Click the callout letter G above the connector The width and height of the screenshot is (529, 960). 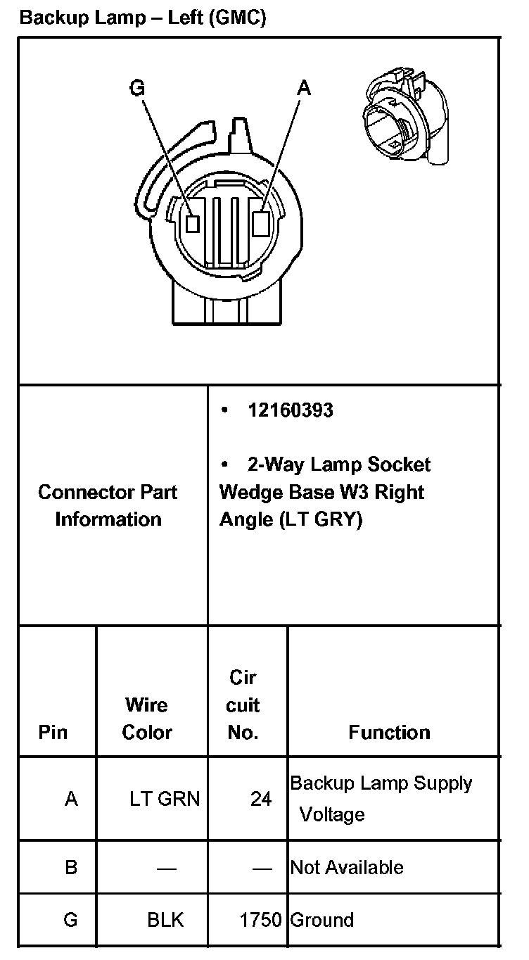point(138,87)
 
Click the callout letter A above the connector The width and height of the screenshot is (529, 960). point(303,87)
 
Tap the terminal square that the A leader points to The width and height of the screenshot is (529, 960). point(260,223)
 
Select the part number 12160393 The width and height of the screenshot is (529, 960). point(290,410)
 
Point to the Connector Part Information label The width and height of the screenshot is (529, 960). point(108,505)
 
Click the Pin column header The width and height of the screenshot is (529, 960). point(53,732)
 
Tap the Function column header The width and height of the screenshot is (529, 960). point(389,732)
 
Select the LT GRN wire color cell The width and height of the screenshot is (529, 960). point(165,800)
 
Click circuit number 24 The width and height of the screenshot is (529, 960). point(260,800)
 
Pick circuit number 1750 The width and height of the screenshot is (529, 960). point(260,920)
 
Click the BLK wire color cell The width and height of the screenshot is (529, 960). point(165,920)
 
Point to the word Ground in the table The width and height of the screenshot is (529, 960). point(321,920)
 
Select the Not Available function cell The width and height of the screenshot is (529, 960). point(347,867)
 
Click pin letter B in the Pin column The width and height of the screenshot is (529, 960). point(70,867)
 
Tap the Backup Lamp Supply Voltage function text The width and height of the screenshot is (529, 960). point(381,798)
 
